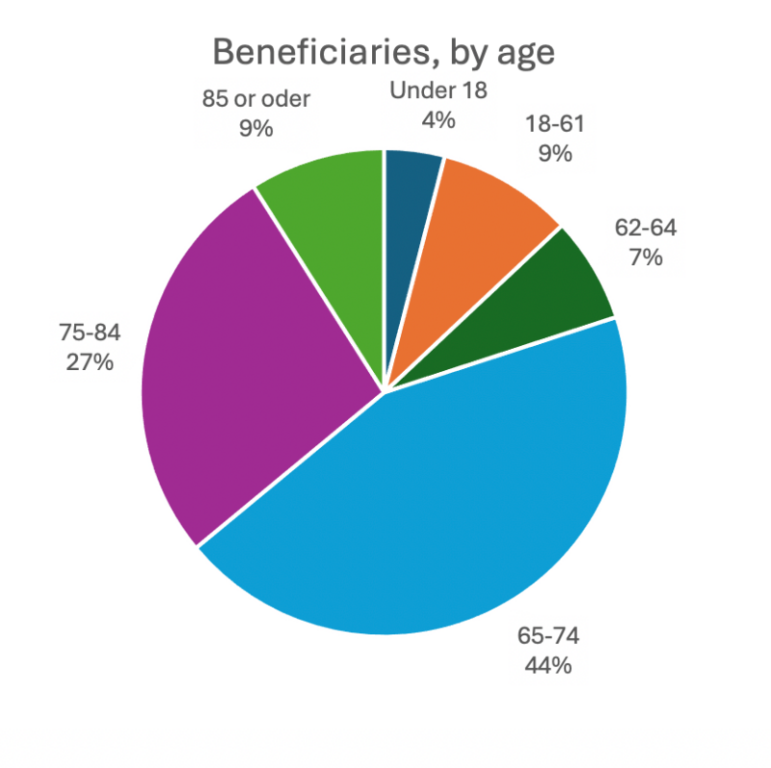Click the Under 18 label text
click(x=439, y=91)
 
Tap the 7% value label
click(x=646, y=257)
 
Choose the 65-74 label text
click(x=548, y=637)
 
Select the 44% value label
click(x=548, y=665)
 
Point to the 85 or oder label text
click(x=256, y=99)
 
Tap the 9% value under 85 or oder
click(x=256, y=127)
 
